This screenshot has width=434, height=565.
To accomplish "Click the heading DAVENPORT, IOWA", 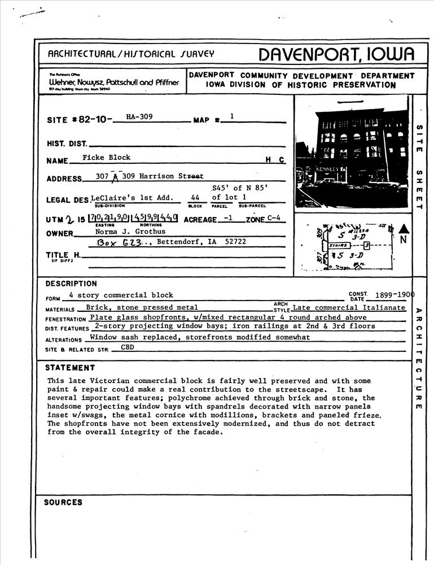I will point(336,54).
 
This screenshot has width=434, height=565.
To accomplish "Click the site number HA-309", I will point(139,118).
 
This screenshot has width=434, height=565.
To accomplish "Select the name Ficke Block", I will point(106,158).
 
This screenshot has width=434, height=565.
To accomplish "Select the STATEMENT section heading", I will point(70,368).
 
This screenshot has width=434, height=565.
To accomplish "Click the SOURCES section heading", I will point(63,502).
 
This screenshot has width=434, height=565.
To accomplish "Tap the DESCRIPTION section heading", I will point(71,284).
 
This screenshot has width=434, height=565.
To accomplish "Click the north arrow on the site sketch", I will point(403,230).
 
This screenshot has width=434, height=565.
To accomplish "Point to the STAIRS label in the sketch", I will point(337,246).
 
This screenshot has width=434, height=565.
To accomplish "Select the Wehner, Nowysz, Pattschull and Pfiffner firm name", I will point(114,82).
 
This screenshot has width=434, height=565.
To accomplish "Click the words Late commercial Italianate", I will point(349,308).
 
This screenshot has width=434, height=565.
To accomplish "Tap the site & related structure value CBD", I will point(128,347).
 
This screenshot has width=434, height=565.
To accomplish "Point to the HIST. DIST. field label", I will point(67,144).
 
